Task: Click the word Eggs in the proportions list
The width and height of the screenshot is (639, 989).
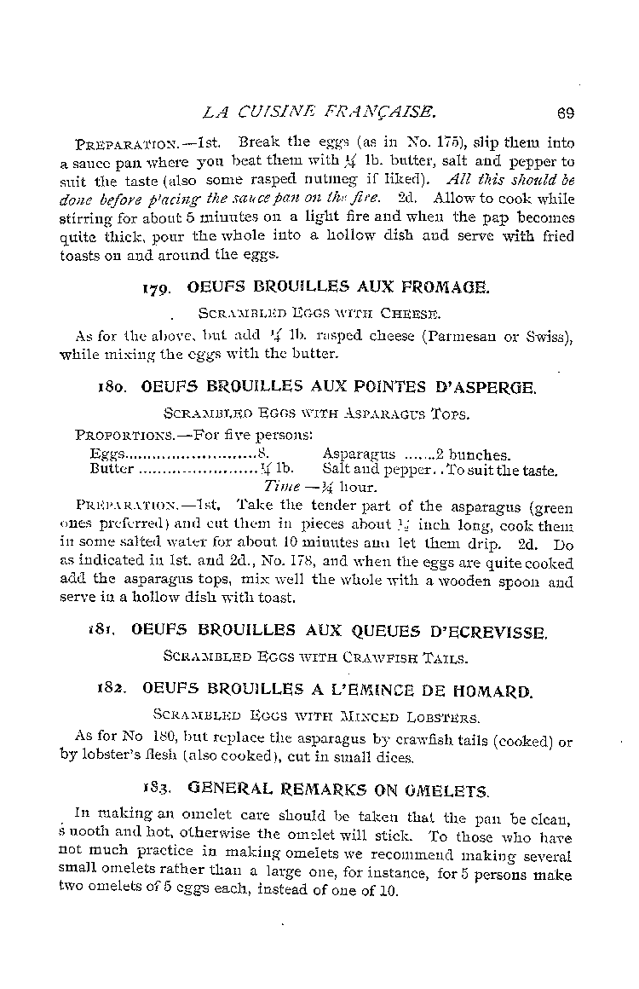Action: point(107,455)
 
